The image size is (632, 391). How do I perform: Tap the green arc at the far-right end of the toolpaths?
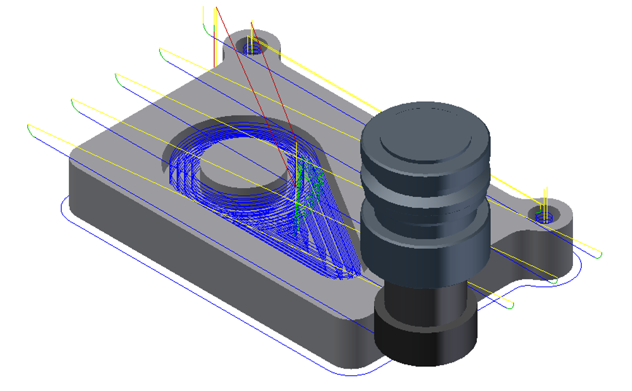[x=598, y=255]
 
